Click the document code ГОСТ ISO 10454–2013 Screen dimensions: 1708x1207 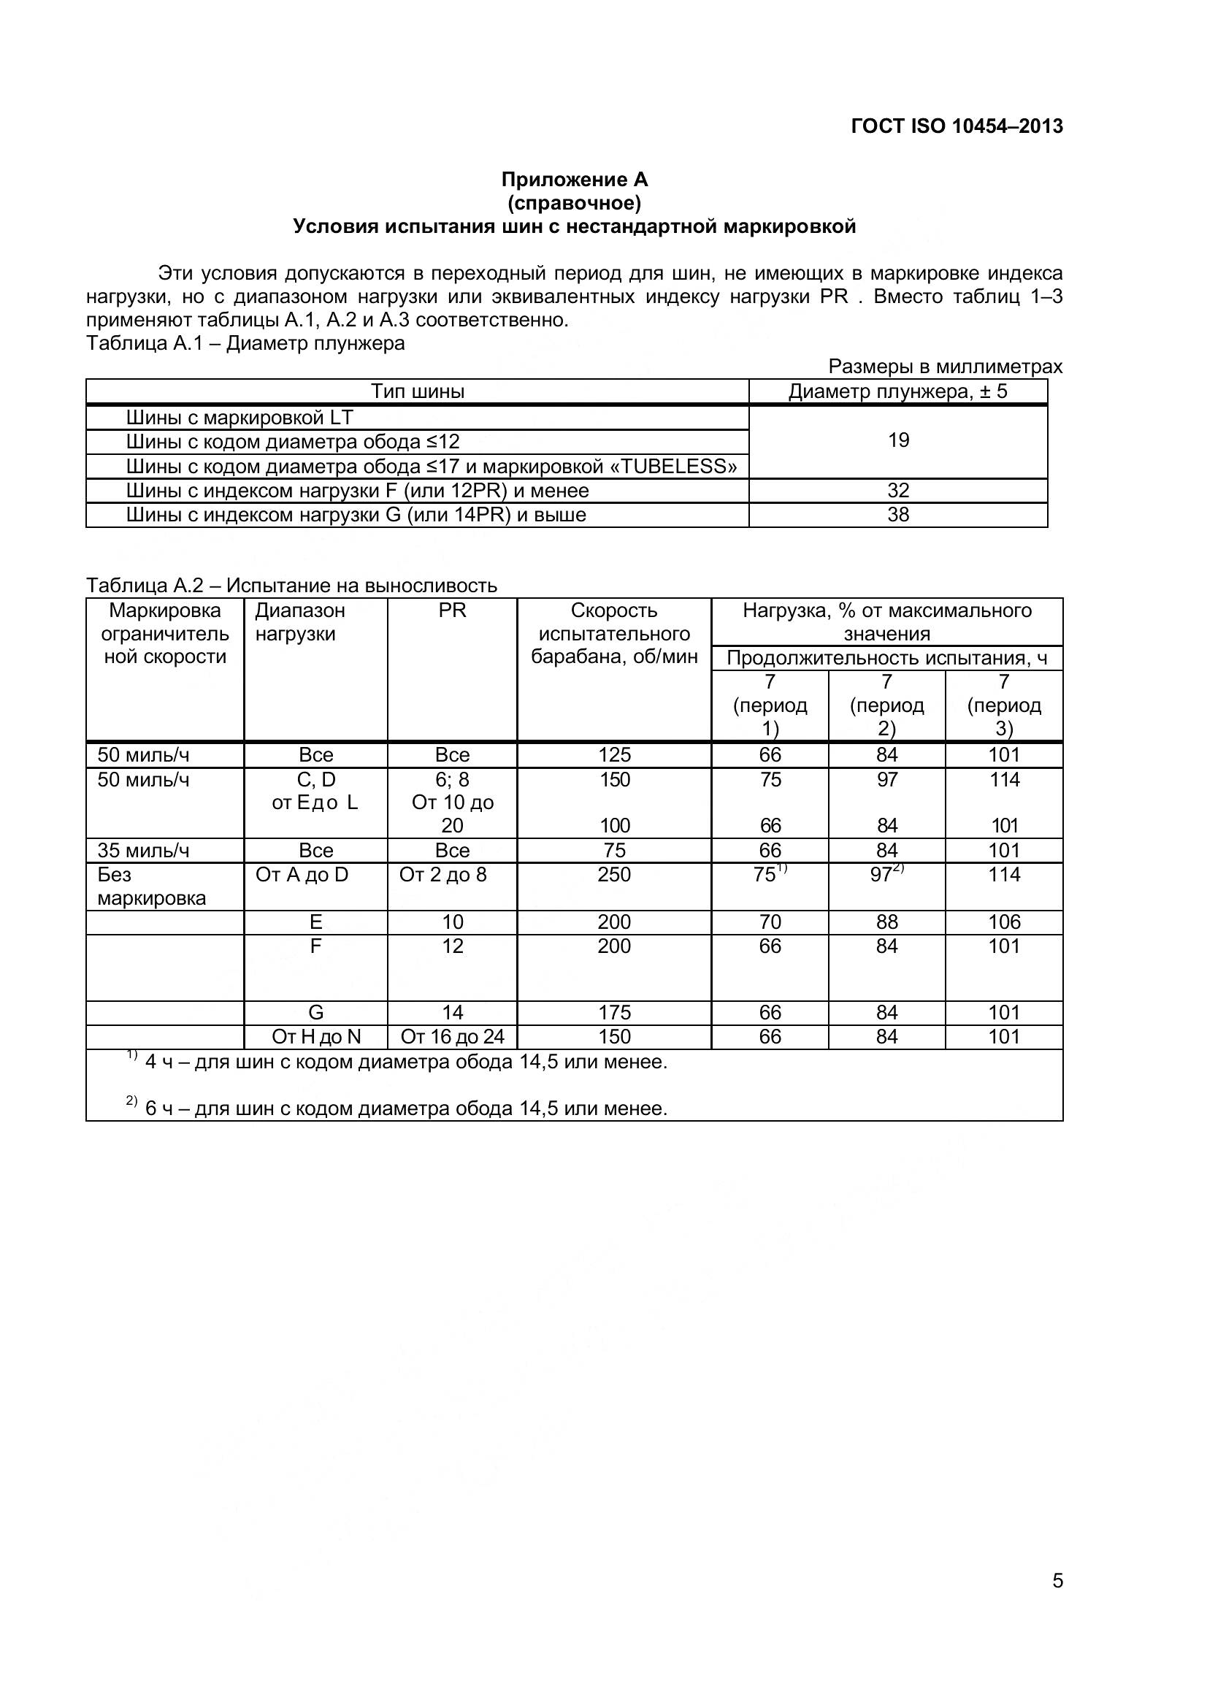pyautogui.click(x=957, y=126)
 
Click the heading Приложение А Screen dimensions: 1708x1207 pyautogui.click(x=574, y=180)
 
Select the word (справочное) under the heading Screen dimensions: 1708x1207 pyautogui.click(x=574, y=202)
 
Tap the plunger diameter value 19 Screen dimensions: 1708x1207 pyautogui.click(x=898, y=440)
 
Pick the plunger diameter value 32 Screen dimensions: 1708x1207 pyautogui.click(x=898, y=490)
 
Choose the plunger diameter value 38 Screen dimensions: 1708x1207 pyautogui.click(x=898, y=515)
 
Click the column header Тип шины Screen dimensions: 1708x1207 pyautogui.click(x=417, y=391)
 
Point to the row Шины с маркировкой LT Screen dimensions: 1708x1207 pyautogui.click(x=240, y=418)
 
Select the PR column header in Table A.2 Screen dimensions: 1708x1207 pyautogui.click(x=452, y=610)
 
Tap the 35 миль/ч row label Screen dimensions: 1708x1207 pyautogui.click(x=144, y=850)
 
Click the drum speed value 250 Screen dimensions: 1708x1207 pyautogui.click(x=613, y=875)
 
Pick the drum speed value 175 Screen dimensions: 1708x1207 pyautogui.click(x=613, y=1012)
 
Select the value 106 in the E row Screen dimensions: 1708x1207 pyautogui.click(x=1004, y=922)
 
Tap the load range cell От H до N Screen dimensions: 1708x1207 pyautogui.click(x=316, y=1037)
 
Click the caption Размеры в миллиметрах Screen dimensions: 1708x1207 pyautogui.click(x=945, y=367)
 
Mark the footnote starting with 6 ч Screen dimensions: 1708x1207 pyautogui.click(x=405, y=1108)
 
